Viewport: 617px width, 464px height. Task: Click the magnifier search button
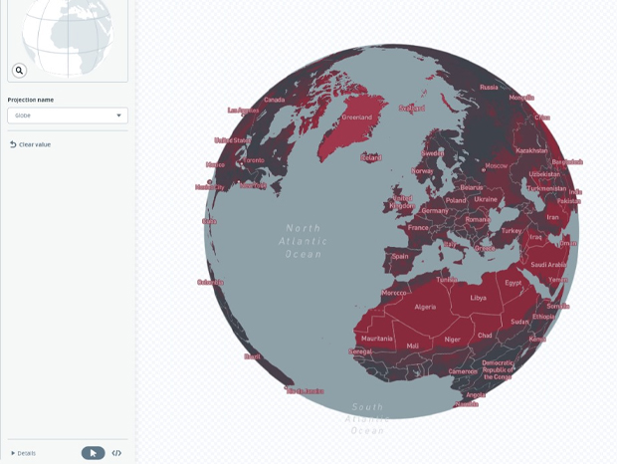tap(19, 70)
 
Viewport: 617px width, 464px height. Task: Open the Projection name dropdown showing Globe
tap(67, 116)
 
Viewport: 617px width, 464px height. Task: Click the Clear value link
tap(34, 144)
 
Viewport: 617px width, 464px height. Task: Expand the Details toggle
tap(23, 453)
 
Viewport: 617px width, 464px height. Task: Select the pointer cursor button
tap(93, 453)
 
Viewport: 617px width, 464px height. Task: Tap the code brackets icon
tap(116, 453)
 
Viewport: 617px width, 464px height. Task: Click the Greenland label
tap(356, 117)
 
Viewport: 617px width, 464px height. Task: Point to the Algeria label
tap(425, 307)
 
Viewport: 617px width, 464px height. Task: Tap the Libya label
tap(479, 298)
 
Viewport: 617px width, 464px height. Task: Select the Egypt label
tap(514, 283)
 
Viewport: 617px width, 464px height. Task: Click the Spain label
tap(400, 256)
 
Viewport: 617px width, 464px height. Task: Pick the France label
tap(418, 227)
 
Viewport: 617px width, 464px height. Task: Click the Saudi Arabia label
tap(548, 265)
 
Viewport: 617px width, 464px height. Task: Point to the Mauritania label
tap(377, 339)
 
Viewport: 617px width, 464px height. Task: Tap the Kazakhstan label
tap(532, 150)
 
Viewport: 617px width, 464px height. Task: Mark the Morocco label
tap(395, 293)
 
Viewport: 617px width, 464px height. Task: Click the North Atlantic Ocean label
tap(303, 241)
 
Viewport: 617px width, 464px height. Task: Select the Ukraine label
tap(485, 199)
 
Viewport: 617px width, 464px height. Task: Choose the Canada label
tap(274, 100)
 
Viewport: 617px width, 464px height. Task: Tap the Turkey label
tap(511, 230)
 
